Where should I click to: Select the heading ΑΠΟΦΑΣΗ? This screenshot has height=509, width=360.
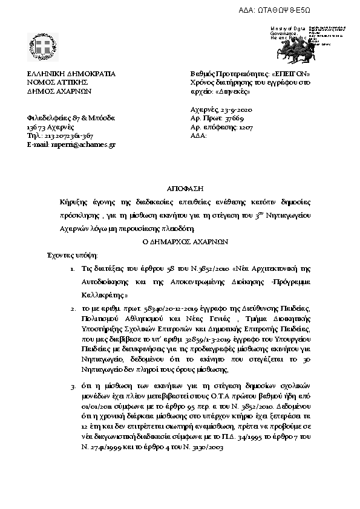pos(180,189)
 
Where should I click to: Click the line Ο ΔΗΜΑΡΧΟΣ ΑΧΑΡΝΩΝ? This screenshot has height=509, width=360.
pos(180,239)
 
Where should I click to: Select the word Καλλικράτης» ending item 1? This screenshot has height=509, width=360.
pos(104,296)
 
